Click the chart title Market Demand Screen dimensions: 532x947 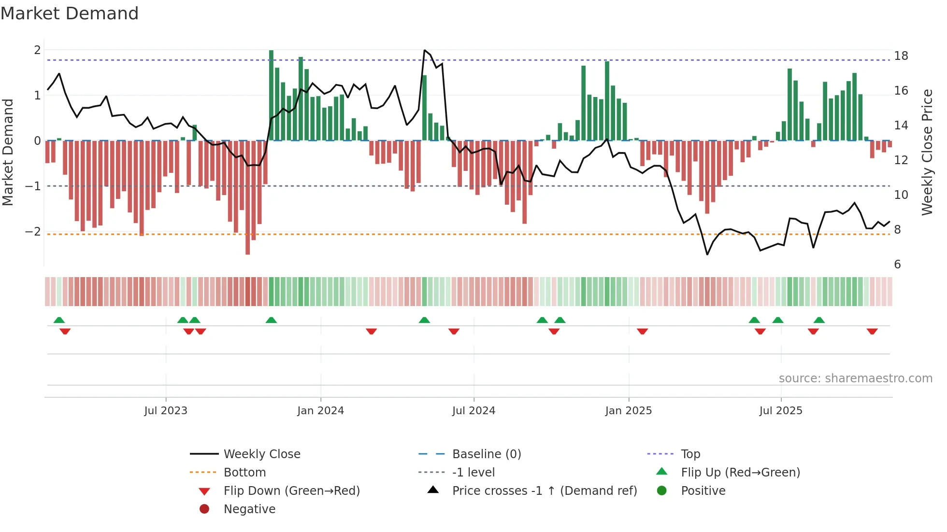[x=70, y=14]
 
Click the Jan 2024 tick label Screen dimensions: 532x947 [x=320, y=411]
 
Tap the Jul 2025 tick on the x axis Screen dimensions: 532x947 [x=781, y=411]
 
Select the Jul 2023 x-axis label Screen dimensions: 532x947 [x=166, y=411]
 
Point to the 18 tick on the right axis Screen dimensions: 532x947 [x=901, y=56]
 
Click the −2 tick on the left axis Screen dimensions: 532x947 [x=33, y=231]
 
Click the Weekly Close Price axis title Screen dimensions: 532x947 [x=927, y=152]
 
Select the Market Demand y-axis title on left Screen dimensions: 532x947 [x=8, y=152]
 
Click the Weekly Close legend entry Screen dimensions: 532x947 [x=261, y=454]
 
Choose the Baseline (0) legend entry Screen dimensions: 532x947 [x=486, y=454]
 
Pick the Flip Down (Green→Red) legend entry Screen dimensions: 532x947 [x=291, y=491]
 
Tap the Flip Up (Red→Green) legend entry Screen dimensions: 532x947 [x=740, y=473]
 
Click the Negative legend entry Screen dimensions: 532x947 [x=249, y=509]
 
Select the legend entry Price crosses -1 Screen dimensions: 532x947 [x=544, y=491]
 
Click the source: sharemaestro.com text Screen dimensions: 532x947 [x=855, y=378]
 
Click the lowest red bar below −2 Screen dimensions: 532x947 [x=248, y=197]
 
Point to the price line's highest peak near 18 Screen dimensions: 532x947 [x=425, y=50]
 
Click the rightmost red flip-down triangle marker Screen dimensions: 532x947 [x=872, y=331]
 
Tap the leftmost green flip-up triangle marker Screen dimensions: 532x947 [x=59, y=320]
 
